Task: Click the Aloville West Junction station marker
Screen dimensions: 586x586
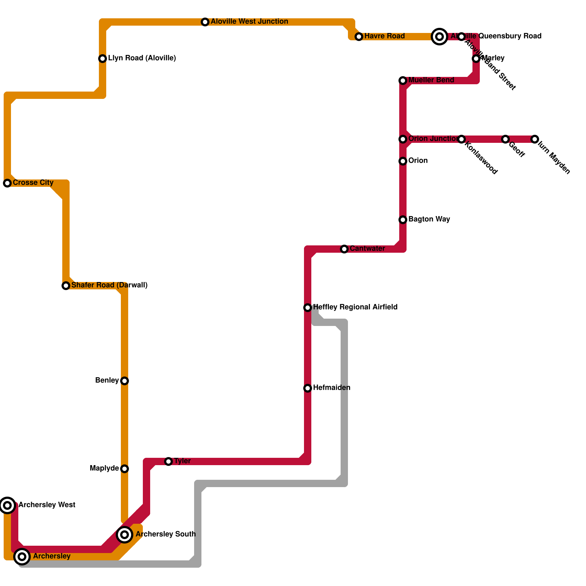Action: pyautogui.click(x=205, y=22)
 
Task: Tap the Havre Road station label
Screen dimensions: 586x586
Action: pyautogui.click(x=384, y=36)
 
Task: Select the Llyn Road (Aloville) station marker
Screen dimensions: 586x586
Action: pyautogui.click(x=103, y=59)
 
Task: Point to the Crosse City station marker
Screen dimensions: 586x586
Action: pyautogui.click(x=7, y=183)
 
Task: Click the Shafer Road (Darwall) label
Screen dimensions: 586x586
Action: pyautogui.click(x=109, y=285)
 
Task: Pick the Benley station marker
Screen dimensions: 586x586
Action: pyautogui.click(x=125, y=381)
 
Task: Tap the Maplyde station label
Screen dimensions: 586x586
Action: pyautogui.click(x=104, y=468)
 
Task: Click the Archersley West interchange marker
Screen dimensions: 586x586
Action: pyautogui.click(x=7, y=505)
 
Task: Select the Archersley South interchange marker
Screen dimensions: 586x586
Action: pyautogui.click(x=125, y=535)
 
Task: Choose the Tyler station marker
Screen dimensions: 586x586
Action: pyautogui.click(x=168, y=461)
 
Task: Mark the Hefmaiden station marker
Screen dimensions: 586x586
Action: pyautogui.click(x=308, y=388)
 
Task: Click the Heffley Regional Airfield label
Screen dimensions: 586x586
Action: pyautogui.click(x=355, y=307)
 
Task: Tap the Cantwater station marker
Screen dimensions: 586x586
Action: pyautogui.click(x=344, y=249)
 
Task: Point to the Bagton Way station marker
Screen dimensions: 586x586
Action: pyautogui.click(x=403, y=220)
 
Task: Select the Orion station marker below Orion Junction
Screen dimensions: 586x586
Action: pyautogui.click(x=403, y=161)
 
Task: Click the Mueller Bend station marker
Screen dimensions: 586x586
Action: pyautogui.click(x=403, y=81)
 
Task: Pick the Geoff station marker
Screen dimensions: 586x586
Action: pyautogui.click(x=505, y=139)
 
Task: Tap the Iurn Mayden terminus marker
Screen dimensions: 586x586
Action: pyautogui.click(x=535, y=139)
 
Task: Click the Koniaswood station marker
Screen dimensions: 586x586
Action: pyautogui.click(x=461, y=139)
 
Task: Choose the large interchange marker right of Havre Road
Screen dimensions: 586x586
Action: pyautogui.click(x=439, y=37)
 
